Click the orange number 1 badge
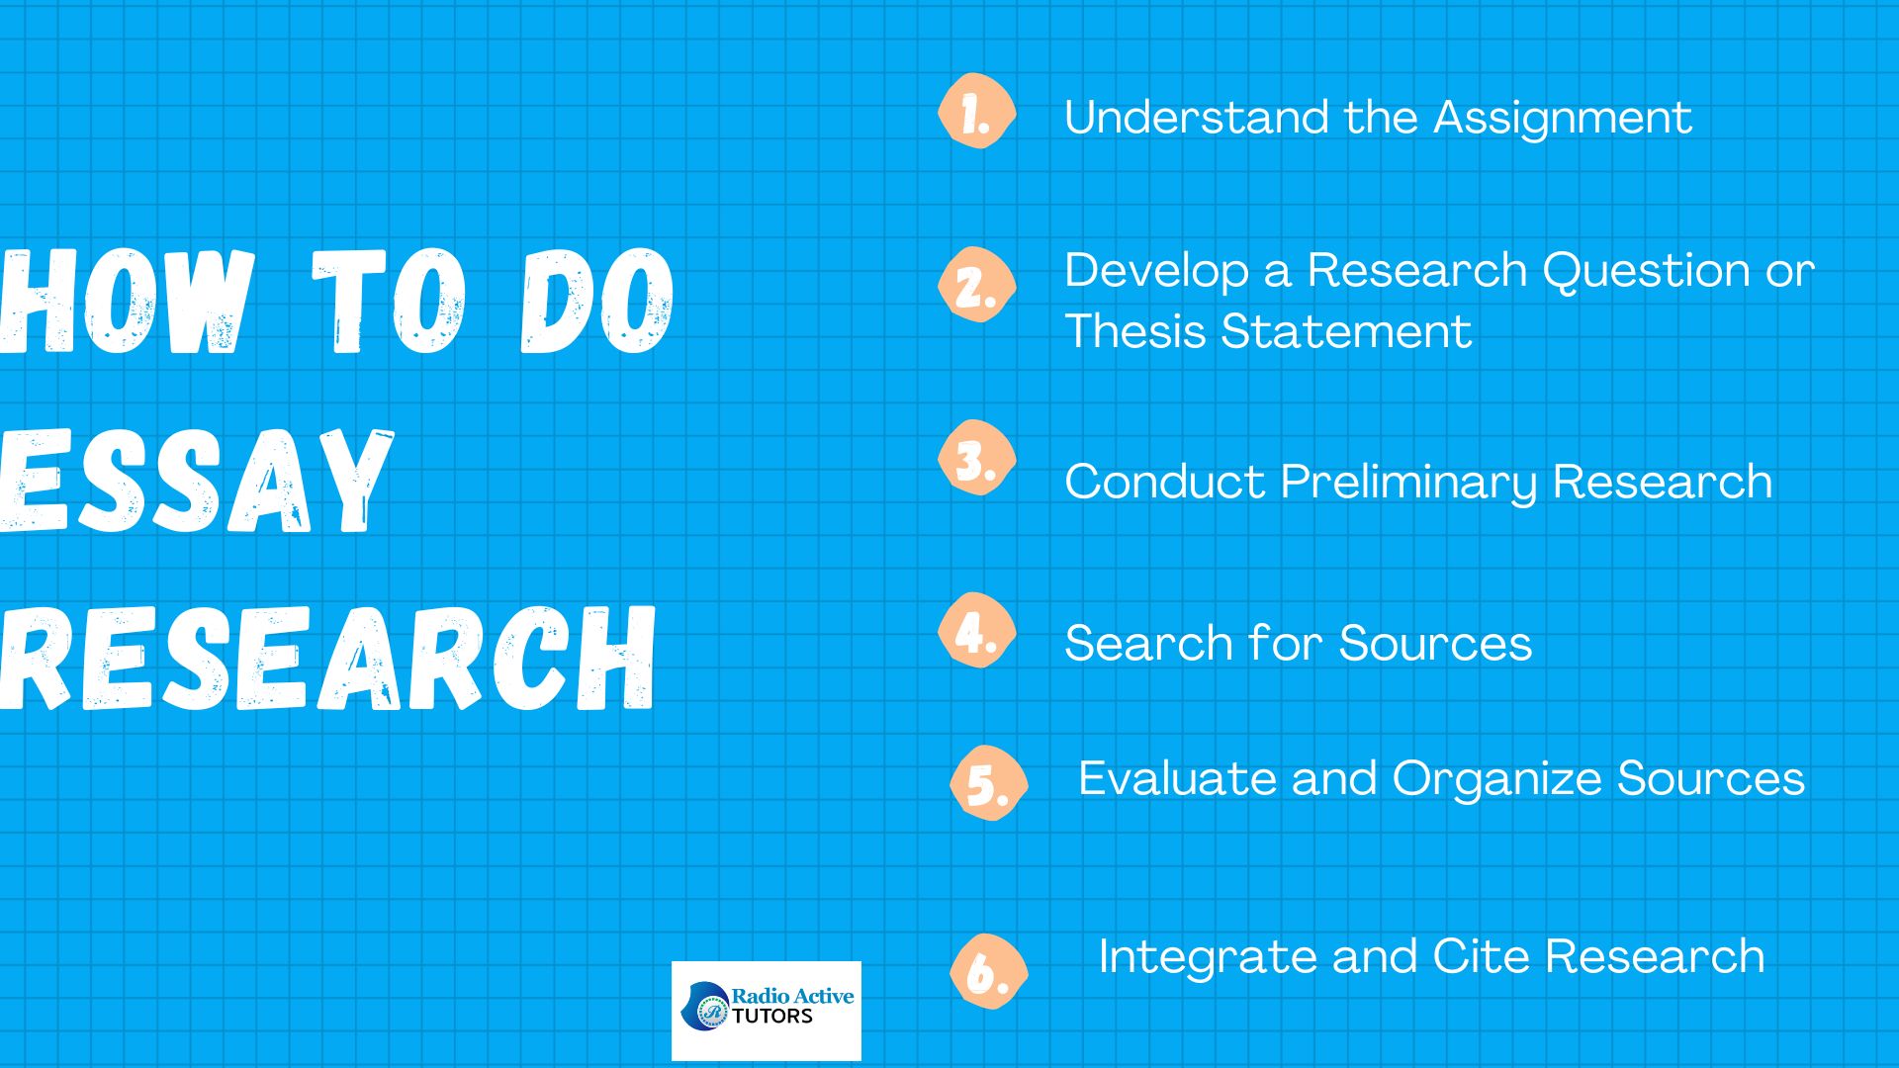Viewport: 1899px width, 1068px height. click(x=976, y=112)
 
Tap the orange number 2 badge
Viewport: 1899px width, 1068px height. click(x=976, y=285)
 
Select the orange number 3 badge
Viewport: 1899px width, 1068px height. click(x=976, y=458)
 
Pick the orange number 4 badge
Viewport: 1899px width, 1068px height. click(x=976, y=631)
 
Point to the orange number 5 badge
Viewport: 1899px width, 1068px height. click(x=988, y=783)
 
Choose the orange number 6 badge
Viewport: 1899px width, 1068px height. click(x=988, y=971)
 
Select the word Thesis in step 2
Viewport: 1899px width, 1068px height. click(x=1135, y=330)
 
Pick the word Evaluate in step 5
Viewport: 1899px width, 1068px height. click(x=1177, y=777)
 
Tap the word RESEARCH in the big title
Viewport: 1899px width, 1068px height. click(x=326, y=658)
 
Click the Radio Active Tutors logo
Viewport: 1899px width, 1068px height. click(x=767, y=1011)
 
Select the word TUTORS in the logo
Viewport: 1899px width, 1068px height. click(x=772, y=1017)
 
